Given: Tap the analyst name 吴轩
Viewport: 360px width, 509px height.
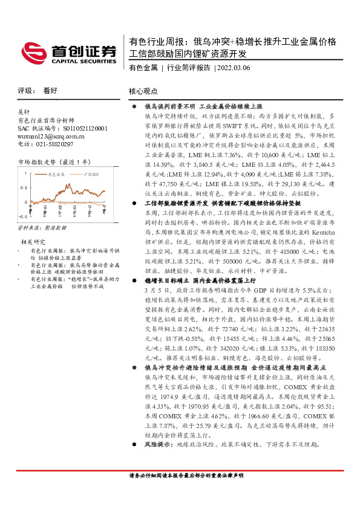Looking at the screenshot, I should coord(24,112).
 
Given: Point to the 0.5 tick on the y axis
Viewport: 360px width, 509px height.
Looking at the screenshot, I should coord(24,187).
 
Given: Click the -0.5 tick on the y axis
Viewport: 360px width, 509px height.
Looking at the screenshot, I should coord(22,216).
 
